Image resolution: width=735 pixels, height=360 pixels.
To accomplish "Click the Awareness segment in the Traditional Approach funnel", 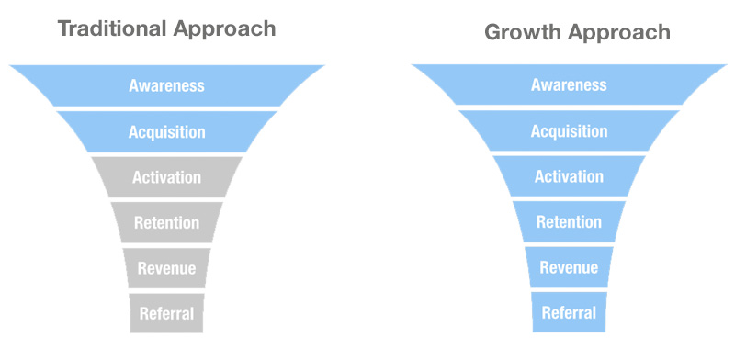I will (x=166, y=85).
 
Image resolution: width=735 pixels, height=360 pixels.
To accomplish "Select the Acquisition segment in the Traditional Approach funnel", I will (x=166, y=131).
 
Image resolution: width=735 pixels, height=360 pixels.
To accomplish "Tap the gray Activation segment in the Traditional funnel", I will (x=166, y=176).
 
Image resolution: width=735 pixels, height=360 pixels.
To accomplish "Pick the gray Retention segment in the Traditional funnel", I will (x=166, y=221).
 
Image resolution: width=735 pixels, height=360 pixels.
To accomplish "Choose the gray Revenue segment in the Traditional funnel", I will (x=166, y=267).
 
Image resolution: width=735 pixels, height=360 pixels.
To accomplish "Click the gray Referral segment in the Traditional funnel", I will (x=166, y=313).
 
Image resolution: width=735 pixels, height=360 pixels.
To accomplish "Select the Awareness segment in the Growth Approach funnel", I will (x=569, y=85).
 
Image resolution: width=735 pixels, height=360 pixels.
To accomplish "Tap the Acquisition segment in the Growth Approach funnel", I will (x=569, y=131).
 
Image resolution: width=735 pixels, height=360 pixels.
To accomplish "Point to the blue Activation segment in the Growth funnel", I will (x=569, y=176).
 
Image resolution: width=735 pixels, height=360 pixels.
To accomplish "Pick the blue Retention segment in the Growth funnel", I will (x=569, y=221).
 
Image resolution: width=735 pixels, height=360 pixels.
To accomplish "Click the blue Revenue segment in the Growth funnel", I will (x=569, y=267).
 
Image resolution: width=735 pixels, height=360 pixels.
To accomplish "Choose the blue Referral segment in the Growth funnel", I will (x=569, y=312).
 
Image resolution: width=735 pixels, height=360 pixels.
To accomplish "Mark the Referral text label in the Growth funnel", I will (x=569, y=312).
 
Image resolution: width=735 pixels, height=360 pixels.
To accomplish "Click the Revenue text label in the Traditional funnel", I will (x=166, y=268).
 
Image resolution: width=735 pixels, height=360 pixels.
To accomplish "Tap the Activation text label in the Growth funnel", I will (x=569, y=176).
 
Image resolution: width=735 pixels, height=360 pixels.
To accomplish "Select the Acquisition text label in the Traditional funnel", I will (x=166, y=131).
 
